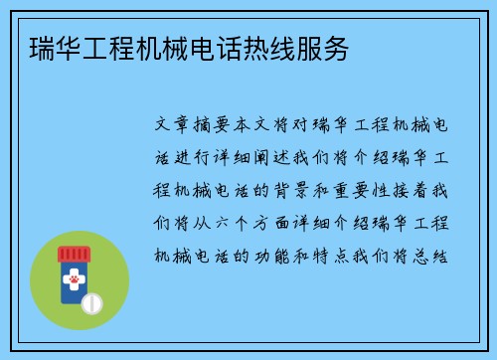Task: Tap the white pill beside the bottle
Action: [91, 301]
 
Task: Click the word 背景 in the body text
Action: [304, 190]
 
